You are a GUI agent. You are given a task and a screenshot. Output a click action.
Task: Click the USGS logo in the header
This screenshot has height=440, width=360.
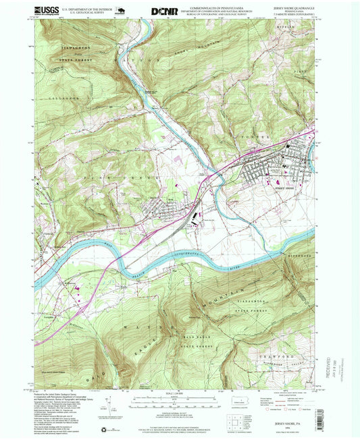pos(45,11)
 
